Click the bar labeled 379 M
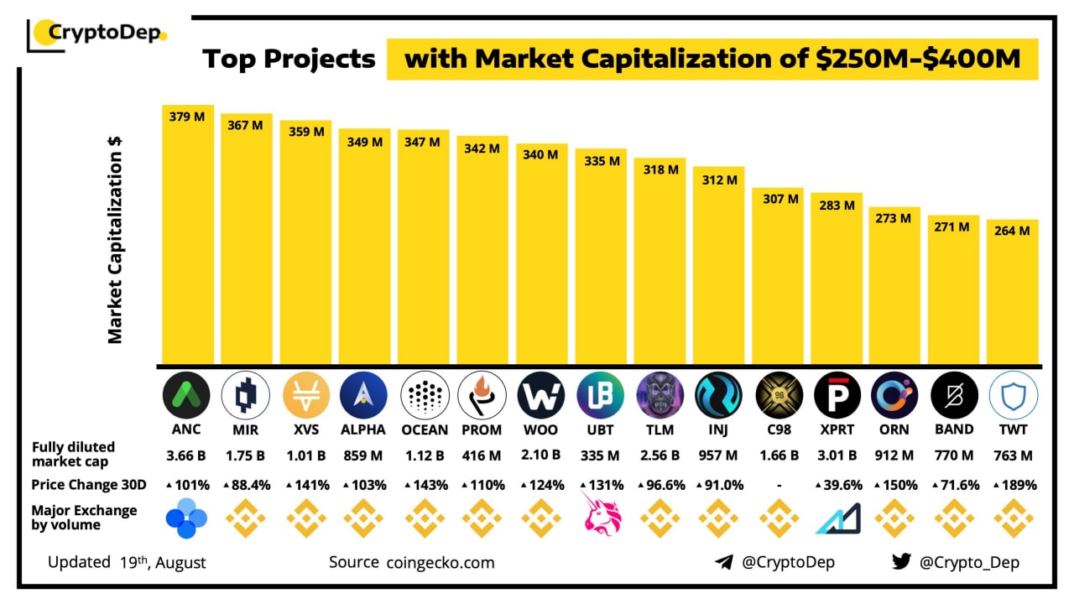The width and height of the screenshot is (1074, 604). (x=188, y=235)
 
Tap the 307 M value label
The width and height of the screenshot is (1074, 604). (x=777, y=199)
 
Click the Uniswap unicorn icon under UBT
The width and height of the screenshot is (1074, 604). (x=600, y=514)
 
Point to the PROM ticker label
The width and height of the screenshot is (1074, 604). (x=482, y=430)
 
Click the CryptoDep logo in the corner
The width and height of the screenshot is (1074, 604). (x=97, y=34)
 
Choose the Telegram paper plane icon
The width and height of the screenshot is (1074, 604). (x=723, y=562)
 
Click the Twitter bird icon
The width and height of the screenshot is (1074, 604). (x=901, y=562)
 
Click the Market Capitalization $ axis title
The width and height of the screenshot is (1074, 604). (x=115, y=239)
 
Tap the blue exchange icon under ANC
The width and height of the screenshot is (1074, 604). (x=186, y=518)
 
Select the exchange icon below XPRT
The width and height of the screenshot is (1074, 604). (x=837, y=519)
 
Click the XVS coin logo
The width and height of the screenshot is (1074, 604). (x=305, y=395)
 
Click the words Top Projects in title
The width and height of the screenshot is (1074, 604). (x=289, y=60)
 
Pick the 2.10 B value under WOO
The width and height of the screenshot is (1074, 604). (x=541, y=456)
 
